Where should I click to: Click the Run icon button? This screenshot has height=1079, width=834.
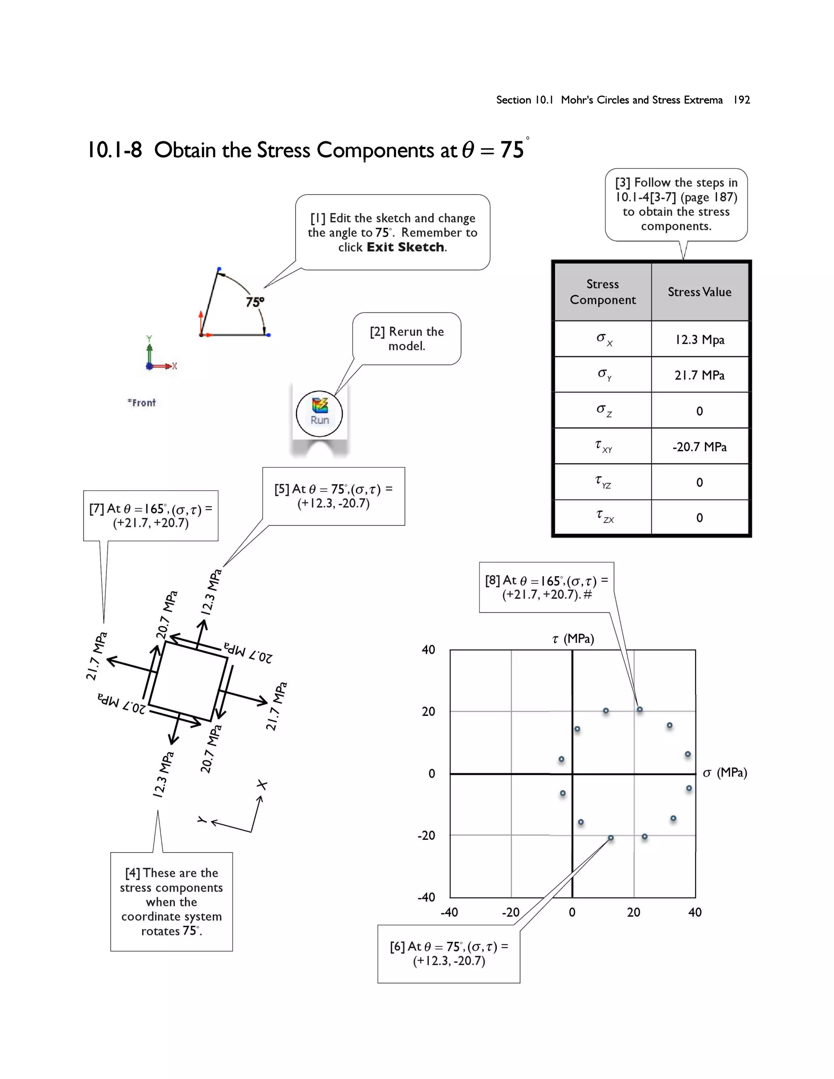[319, 413]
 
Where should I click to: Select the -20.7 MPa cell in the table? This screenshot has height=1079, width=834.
[699, 447]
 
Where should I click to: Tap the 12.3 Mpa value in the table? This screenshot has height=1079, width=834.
[699, 340]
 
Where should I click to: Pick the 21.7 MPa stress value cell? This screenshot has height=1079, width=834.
[699, 375]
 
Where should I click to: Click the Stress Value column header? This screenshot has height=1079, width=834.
[699, 292]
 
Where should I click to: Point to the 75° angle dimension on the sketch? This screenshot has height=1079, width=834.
[255, 301]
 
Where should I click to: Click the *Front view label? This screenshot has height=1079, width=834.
[142, 403]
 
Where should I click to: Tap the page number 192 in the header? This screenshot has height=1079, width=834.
[741, 100]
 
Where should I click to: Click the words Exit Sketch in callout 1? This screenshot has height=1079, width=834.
[405, 247]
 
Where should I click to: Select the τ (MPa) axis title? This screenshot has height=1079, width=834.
[573, 639]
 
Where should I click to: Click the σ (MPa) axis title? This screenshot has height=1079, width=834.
[724, 773]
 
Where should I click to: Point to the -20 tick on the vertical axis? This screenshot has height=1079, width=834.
[426, 836]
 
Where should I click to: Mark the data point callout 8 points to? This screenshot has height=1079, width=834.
[639, 709]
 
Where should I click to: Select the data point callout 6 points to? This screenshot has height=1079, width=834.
[611, 838]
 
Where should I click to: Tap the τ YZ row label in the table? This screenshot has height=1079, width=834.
[603, 482]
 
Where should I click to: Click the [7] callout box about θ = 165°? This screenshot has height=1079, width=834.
[151, 516]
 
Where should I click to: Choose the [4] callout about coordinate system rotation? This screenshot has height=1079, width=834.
[171, 901]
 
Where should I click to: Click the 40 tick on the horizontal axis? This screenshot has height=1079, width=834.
[695, 912]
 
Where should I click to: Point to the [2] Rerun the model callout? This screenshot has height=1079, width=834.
[407, 338]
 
